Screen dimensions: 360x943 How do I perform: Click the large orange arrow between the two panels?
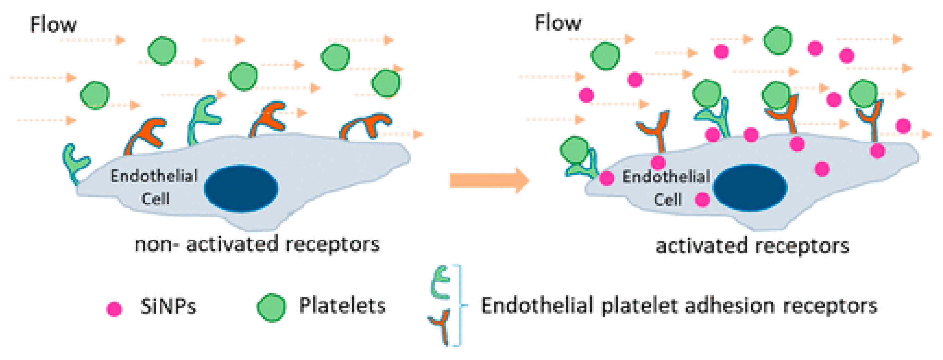(489, 180)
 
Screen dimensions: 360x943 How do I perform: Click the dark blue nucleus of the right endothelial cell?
(750, 187)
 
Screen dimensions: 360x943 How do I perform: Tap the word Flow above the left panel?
(53, 25)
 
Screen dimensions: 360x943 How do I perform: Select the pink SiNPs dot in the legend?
(114, 309)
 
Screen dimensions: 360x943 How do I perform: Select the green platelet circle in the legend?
(271, 307)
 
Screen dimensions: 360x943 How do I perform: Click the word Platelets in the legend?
(342, 305)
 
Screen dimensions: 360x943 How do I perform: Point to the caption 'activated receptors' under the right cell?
(752, 246)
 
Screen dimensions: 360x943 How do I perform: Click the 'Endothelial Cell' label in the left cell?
(154, 187)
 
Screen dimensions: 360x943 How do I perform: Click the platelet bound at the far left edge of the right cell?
(575, 149)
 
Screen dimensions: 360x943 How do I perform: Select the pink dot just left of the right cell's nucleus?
(702, 199)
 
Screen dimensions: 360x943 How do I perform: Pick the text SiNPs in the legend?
(168, 306)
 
